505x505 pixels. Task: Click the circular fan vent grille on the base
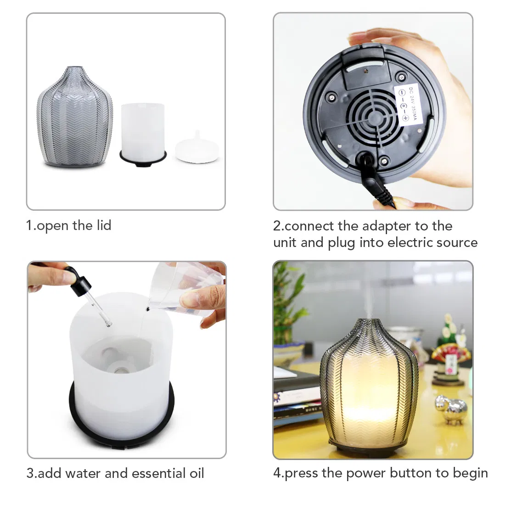tap(373, 118)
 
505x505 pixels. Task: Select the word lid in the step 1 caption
tap(103, 225)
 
